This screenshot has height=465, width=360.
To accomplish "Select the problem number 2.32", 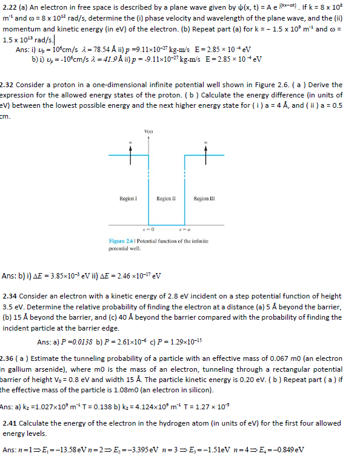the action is [x=8, y=85].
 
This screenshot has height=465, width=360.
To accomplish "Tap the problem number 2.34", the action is [x=12, y=296].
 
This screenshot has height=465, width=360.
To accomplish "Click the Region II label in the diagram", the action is [x=166, y=199].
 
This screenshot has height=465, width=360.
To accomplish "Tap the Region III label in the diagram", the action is [x=204, y=199].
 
